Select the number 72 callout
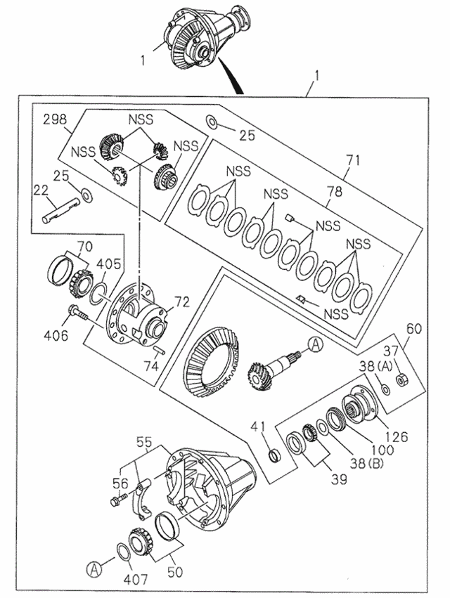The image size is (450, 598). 181,302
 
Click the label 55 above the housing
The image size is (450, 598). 144,443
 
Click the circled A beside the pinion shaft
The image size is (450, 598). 314,344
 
